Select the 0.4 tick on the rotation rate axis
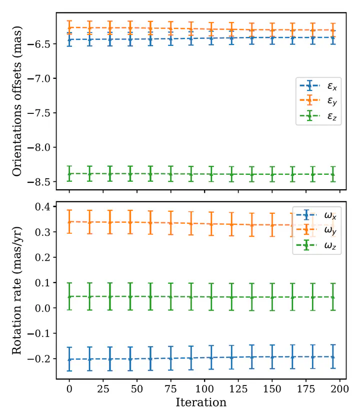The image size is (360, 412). pos(46,207)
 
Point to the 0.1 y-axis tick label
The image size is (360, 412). pos(46,283)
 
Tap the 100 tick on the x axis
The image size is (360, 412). pos(204,389)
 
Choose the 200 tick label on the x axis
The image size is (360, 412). pos(340,389)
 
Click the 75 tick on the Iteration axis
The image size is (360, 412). pos(170,389)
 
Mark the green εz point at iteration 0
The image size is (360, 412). pos(69,174)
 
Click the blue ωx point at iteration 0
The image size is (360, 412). pos(69,359)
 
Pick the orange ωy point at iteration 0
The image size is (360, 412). pos(69,221)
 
